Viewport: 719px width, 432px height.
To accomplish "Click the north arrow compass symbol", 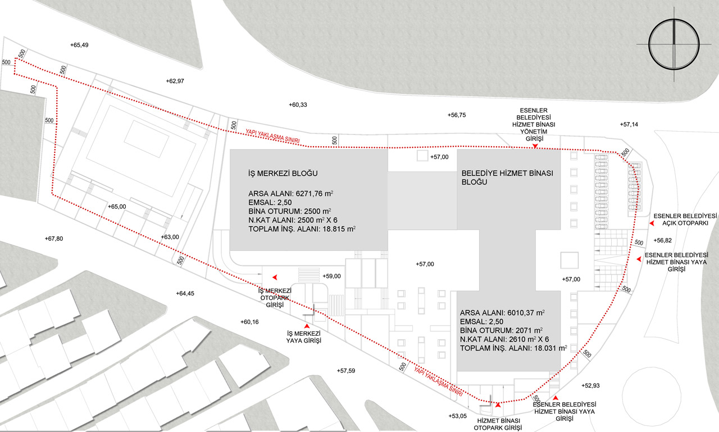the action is pos(674,44).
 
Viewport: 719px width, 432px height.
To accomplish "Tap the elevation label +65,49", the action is pos(79,45).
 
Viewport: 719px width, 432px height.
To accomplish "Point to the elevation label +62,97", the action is pos(175,81).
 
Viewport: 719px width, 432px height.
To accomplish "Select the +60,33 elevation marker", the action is pos(298,105).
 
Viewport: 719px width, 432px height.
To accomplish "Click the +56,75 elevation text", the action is pos(457,115).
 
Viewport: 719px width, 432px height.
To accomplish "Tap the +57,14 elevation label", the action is pos(629,124).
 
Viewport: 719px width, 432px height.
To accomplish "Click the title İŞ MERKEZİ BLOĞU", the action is pos(283,174).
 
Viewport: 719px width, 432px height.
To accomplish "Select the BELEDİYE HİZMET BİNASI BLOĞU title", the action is pos(507,177).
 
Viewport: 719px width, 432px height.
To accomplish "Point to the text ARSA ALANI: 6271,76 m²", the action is pos(290,193).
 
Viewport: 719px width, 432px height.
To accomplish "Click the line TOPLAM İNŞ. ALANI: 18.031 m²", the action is pos(513,348).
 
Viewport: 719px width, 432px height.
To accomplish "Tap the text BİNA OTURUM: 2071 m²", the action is pos(501,330).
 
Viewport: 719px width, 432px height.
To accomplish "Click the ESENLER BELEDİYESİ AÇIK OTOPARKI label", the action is pos(685,219).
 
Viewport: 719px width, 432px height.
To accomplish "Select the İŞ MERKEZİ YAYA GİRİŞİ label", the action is pos(304,337).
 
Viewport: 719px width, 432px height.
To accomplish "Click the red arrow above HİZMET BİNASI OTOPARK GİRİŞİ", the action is pos(498,406).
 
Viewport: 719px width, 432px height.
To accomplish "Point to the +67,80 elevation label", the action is pos(53,239).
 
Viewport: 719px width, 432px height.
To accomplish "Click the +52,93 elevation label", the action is pos(590,386).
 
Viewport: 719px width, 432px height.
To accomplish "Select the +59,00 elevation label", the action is pos(331,276).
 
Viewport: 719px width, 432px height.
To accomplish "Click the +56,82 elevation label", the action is pos(662,240).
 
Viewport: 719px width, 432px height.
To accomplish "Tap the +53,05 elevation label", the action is pos(457,416).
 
